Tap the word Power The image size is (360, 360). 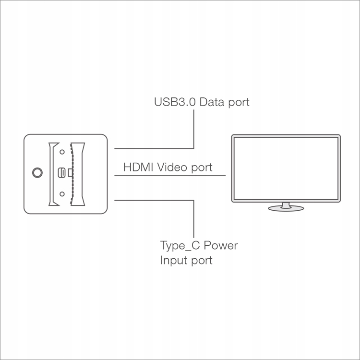tap(221, 246)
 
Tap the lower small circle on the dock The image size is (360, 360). tap(62, 193)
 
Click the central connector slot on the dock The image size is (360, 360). tap(62, 172)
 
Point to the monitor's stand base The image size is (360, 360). tap(286, 208)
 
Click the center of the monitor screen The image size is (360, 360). tap(286, 168)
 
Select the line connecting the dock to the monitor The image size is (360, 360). tap(170, 176)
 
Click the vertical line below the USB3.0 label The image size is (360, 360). tap(193, 130)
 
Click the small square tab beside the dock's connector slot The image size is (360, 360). tap(70, 172)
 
